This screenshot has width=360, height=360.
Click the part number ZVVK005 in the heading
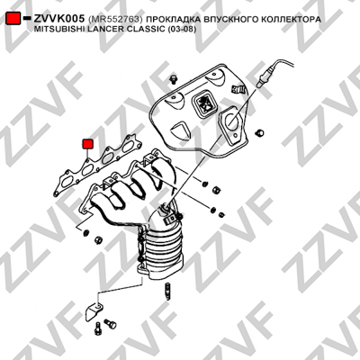[x=59, y=19]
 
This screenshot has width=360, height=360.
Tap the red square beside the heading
[x=13, y=18]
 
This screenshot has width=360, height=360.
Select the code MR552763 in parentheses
[x=116, y=20]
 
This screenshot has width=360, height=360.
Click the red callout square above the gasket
[x=88, y=144]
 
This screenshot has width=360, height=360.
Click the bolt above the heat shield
[x=173, y=78]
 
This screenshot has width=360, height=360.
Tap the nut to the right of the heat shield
[x=258, y=132]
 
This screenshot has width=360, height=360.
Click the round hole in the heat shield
[x=231, y=121]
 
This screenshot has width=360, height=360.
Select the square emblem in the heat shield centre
[x=204, y=103]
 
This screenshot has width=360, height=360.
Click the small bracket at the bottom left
[x=94, y=310]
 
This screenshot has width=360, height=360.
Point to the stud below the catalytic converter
[x=166, y=292]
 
